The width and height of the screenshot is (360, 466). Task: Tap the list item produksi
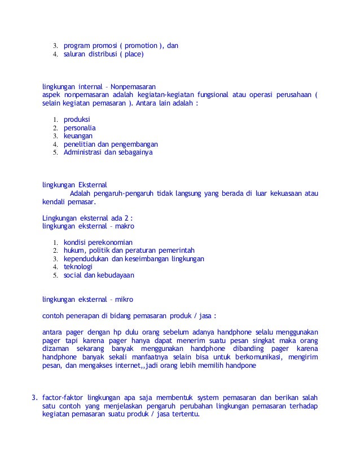pyautogui.click(x=77, y=120)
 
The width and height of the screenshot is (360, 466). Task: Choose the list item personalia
pyautogui.click(x=80, y=128)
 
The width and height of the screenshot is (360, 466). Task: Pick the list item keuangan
pyautogui.click(x=78, y=136)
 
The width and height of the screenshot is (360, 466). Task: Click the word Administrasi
pyautogui.click(x=85, y=152)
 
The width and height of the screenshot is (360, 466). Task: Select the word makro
pyautogui.click(x=123, y=226)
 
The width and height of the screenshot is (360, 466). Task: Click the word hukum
pyautogui.click(x=74, y=250)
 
